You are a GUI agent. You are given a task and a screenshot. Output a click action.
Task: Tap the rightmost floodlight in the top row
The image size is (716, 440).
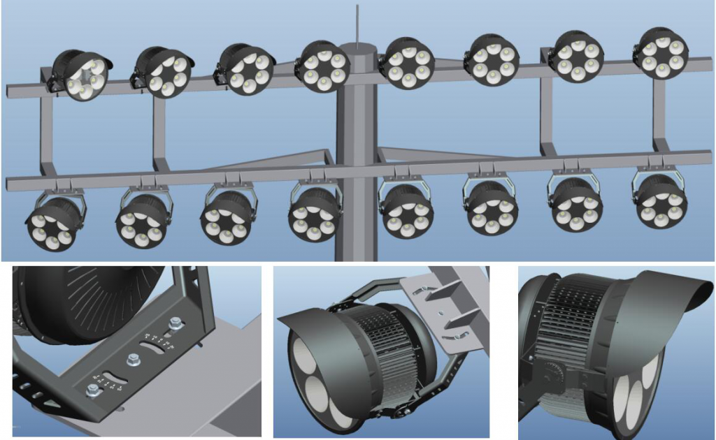(x=661, y=53)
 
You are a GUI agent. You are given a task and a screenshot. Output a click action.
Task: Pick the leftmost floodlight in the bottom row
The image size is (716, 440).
(x=54, y=222)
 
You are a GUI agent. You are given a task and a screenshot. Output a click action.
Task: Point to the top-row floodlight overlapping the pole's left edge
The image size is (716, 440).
(x=323, y=66)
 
